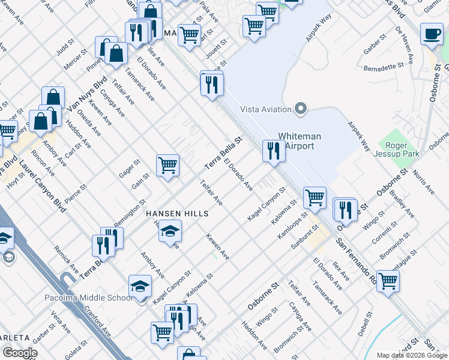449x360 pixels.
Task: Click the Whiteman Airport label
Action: (300, 141)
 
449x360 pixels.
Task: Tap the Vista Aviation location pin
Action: (301, 109)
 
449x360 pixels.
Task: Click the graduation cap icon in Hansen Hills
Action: (170, 231)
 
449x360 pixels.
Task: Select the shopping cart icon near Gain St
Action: (167, 165)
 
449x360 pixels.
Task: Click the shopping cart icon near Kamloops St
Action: (314, 197)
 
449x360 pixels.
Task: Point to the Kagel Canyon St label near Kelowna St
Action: (265, 205)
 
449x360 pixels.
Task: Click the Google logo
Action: (20, 353)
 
